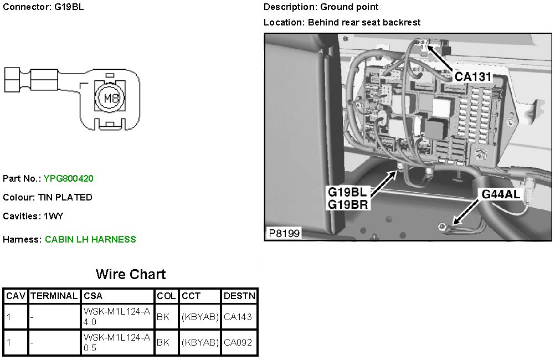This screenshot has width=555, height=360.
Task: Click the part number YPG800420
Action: point(69,178)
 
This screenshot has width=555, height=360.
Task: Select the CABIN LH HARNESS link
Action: point(90,239)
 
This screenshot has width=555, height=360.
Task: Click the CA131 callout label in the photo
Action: point(473,76)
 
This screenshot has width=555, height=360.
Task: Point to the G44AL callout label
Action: point(501,194)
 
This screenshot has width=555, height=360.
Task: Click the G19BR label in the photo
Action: point(347,204)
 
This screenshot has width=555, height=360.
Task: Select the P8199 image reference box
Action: point(284,233)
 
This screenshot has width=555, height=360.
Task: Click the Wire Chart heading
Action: point(131,274)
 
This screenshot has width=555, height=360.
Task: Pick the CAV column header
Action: point(16,296)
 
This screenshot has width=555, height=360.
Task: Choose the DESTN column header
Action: point(239,296)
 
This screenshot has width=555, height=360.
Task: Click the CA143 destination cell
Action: point(238,317)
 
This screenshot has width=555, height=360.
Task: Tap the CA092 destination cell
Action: point(238,343)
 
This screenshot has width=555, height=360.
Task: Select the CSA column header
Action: point(92,296)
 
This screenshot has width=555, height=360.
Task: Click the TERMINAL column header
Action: point(54,296)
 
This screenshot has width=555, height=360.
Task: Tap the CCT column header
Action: point(191,296)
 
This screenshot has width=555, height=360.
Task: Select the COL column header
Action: point(166,296)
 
